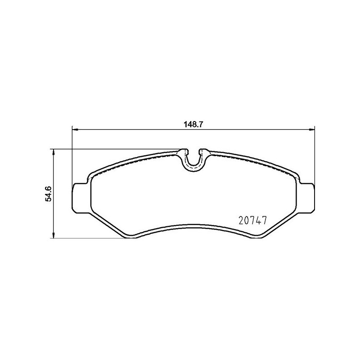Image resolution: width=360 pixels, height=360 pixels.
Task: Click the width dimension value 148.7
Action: point(193,125)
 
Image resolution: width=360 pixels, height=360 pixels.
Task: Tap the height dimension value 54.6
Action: point(49,194)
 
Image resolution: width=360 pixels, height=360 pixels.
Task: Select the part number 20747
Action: point(252,220)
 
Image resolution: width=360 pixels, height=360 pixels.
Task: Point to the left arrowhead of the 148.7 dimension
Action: point(75,130)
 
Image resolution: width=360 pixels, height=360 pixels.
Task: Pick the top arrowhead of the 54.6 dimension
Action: point(54,152)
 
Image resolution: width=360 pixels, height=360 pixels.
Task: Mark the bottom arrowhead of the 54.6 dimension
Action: point(54,235)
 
